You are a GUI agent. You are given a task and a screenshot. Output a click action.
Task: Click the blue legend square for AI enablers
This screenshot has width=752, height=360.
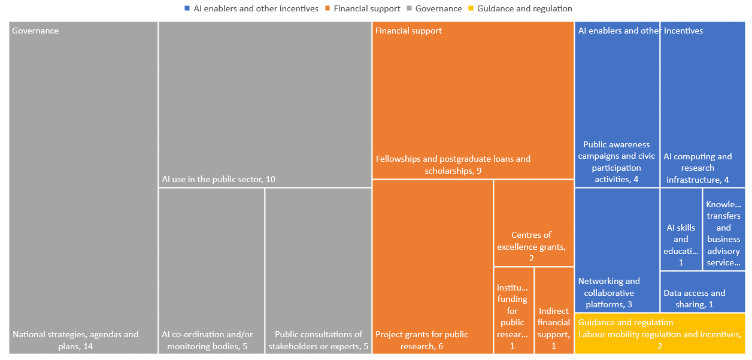click(187, 9)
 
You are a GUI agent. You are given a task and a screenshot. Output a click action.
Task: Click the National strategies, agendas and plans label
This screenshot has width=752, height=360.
click(75, 340)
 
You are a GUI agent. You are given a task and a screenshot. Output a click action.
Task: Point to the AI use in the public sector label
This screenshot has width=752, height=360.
click(219, 179)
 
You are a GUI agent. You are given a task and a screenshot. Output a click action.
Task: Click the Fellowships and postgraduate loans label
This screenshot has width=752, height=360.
click(453, 165)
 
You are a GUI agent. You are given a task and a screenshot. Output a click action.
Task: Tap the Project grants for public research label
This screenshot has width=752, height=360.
click(422, 340)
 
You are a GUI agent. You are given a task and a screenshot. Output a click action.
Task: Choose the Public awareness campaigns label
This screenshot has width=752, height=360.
click(617, 162)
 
